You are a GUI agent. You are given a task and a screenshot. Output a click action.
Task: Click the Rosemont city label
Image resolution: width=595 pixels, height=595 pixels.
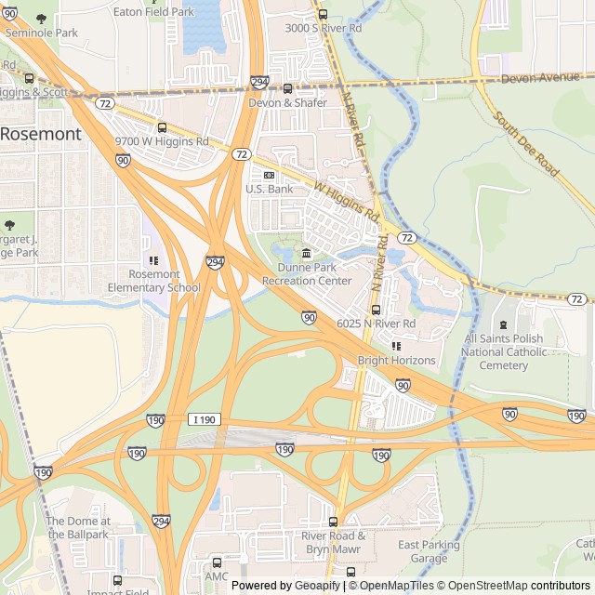pos(40,134)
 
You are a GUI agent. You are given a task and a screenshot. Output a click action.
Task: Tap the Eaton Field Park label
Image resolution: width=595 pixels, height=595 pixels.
pos(153,12)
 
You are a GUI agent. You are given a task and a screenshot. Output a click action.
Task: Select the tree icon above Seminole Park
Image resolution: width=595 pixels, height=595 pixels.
pos(40,18)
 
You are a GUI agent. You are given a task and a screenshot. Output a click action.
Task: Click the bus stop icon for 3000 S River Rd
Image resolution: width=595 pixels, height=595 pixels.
pos(323,14)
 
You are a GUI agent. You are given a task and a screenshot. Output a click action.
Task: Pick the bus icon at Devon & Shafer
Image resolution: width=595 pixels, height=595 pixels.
pos(287,89)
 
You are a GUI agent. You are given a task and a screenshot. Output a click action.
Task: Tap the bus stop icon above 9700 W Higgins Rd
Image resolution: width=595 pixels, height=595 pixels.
pos(162,127)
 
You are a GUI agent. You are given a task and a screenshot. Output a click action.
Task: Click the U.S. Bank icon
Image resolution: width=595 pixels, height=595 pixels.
pos(269,175)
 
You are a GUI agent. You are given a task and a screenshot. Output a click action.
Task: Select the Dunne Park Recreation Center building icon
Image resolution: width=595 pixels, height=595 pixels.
pos(306,253)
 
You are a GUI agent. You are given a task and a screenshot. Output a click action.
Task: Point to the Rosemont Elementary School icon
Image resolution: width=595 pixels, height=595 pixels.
pos(153,260)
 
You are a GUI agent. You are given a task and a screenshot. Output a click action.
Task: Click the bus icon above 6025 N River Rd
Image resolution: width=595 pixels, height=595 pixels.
pos(376,310)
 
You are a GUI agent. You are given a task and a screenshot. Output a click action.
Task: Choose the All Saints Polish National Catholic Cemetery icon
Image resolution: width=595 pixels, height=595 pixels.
pos(503,324)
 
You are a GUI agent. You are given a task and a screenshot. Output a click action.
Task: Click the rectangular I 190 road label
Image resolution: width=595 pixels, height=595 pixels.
pos(205,420)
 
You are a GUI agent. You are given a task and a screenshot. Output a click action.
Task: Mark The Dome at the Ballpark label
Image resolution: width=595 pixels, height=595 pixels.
pos(78,527)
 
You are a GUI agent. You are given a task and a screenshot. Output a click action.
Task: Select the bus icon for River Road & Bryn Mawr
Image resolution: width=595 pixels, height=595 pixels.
pos(333,522)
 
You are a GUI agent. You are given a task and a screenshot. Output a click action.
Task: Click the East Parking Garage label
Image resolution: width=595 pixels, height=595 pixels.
pos(429,551)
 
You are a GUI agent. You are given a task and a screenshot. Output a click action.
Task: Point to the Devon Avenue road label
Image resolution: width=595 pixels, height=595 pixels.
pos(540,78)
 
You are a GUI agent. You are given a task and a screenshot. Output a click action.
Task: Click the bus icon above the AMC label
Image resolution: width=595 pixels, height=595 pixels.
pos(217,562)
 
